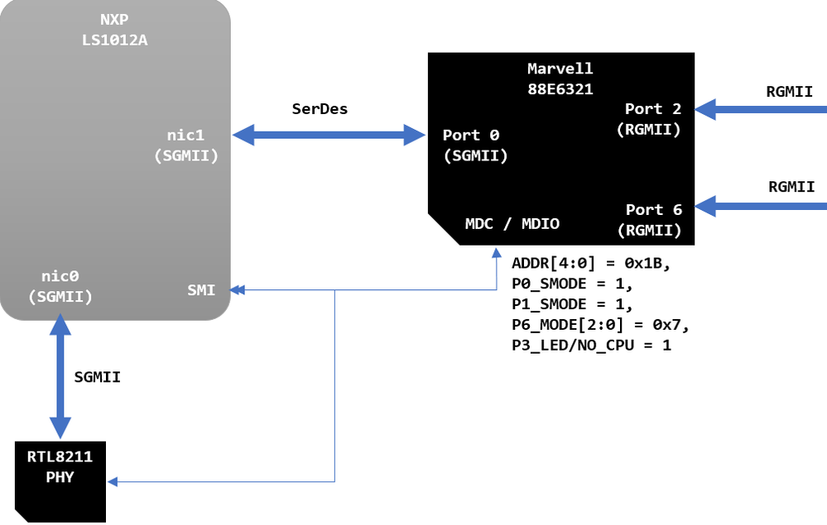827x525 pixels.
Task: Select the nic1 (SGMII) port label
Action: click(186, 145)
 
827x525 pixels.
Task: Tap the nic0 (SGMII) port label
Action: click(60, 286)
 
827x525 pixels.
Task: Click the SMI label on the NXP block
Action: click(201, 290)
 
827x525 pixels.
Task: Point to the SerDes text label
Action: click(320, 108)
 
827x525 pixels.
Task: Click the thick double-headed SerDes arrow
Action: click(329, 135)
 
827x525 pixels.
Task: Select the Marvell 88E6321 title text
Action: click(560, 79)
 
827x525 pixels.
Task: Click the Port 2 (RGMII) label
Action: click(652, 118)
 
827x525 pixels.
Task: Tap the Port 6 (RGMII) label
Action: click(652, 220)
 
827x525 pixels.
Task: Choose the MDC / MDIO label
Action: click(512, 223)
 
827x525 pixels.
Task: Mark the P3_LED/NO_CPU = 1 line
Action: click(591, 344)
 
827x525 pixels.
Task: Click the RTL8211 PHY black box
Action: click(60, 480)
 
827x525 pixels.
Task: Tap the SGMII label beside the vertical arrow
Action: click(98, 377)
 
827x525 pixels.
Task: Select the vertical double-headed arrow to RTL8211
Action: click(60, 376)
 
